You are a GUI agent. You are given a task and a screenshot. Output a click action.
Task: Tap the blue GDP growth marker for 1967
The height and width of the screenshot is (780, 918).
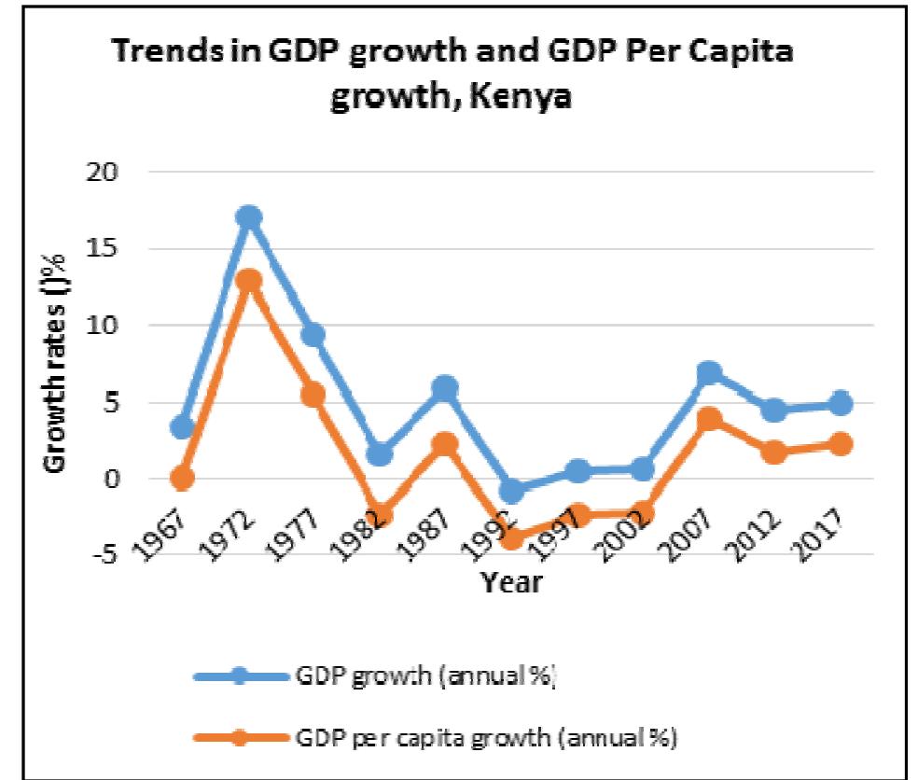tap(182, 427)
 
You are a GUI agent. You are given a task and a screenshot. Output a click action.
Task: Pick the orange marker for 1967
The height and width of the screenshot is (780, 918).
tap(182, 479)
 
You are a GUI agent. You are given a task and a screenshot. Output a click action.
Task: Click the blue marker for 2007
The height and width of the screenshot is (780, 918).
tap(710, 373)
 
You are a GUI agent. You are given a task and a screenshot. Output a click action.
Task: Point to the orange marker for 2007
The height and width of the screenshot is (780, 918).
tap(710, 419)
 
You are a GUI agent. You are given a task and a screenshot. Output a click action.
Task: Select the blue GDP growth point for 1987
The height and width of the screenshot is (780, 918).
tap(446, 388)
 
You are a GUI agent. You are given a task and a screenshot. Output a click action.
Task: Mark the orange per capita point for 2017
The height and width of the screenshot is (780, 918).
tap(841, 444)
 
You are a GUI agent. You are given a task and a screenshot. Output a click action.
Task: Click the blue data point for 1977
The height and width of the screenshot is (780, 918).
tap(313, 334)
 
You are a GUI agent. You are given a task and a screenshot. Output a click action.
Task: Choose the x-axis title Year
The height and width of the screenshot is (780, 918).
tap(510, 584)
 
